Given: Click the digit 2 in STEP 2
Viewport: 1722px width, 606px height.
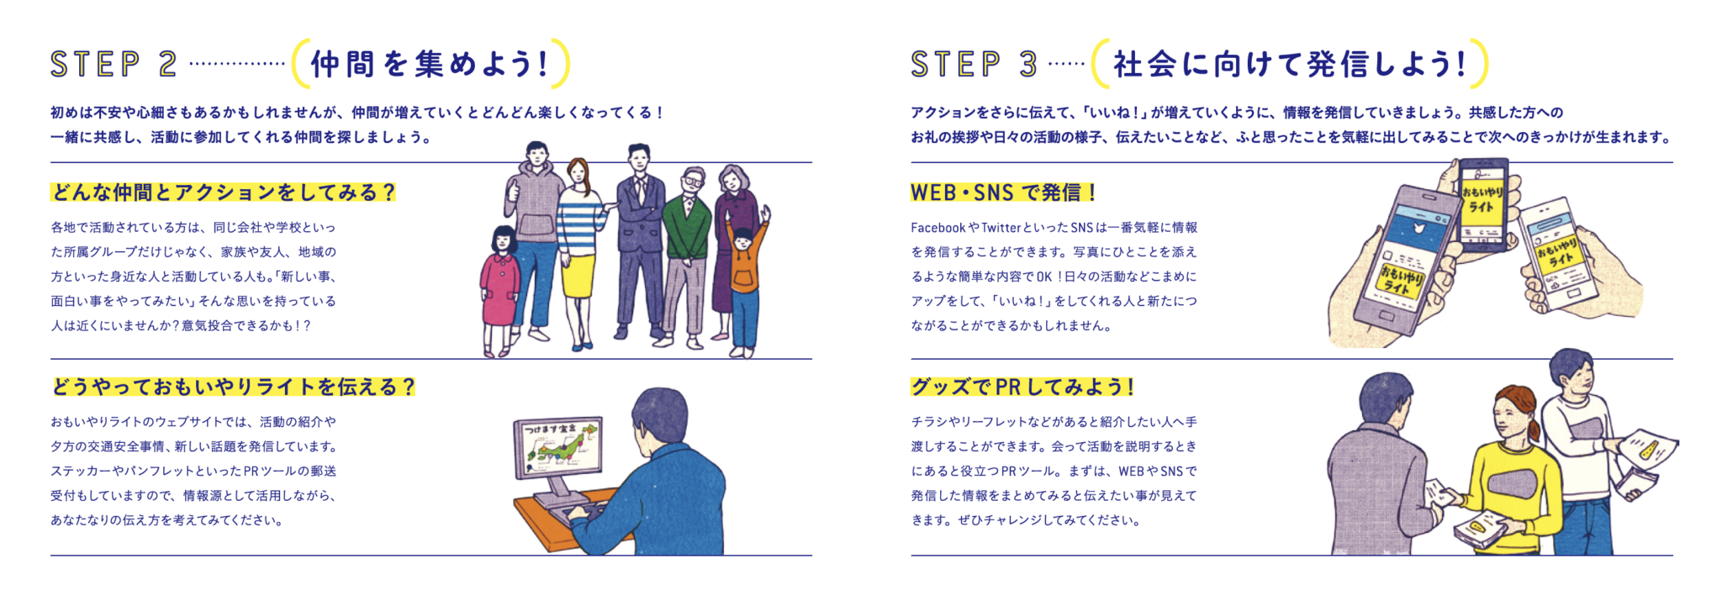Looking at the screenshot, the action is (x=167, y=64).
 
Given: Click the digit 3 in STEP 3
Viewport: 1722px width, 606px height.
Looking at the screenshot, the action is (x=1028, y=64).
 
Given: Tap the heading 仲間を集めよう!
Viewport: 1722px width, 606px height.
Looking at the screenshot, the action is (x=430, y=64).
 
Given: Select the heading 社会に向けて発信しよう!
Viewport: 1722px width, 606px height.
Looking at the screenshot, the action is (x=1290, y=64).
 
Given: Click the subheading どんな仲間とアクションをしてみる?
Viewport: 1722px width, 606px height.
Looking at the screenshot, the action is (x=223, y=192).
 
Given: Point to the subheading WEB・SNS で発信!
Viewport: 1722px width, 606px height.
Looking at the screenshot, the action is (x=1004, y=192).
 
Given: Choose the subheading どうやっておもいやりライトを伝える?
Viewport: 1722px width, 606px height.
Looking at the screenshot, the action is (x=233, y=387).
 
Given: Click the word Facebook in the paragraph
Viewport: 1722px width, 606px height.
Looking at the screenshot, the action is (x=938, y=228).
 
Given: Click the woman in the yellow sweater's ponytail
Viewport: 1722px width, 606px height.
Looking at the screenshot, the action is (x=1534, y=424).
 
